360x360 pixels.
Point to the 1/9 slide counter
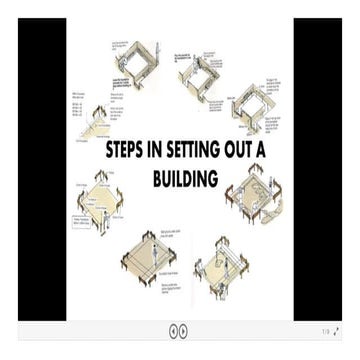pyautogui.click(x=324, y=331)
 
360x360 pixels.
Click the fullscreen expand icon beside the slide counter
pyautogui.click(x=336, y=331)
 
